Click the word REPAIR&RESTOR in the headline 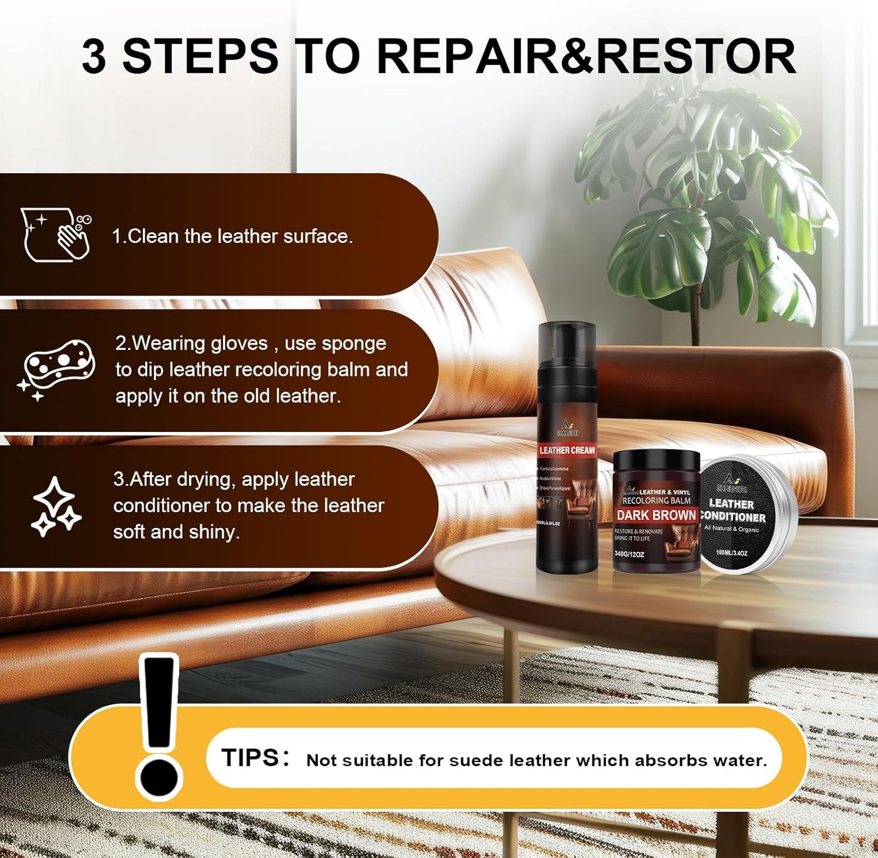[x=586, y=57]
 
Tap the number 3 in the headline [x=94, y=57]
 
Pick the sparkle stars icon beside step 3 [x=56, y=507]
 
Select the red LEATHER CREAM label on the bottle [x=567, y=450]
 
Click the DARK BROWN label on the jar [x=656, y=515]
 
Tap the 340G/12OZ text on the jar [x=629, y=554]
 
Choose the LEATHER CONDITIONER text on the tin [x=733, y=510]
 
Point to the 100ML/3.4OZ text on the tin [x=732, y=553]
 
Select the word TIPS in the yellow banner [x=250, y=758]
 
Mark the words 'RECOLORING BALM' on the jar [x=656, y=501]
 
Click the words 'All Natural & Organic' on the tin [x=732, y=529]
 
